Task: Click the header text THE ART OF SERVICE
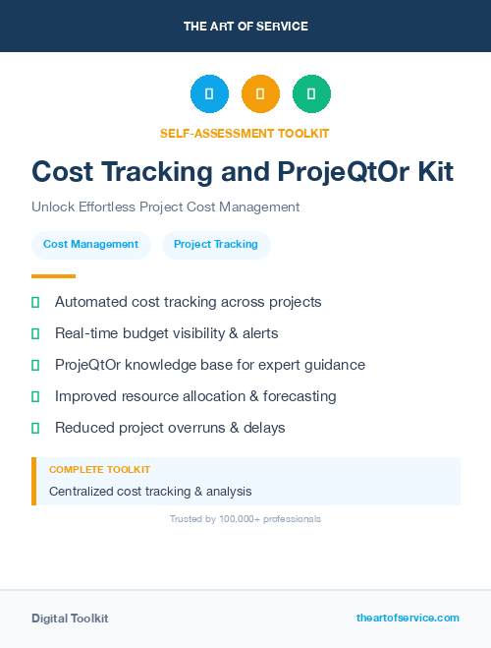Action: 245,26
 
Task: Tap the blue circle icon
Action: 209,94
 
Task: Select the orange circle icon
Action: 260,94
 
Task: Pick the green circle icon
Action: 311,94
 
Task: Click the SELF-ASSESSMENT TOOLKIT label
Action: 245,133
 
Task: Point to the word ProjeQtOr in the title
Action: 338,172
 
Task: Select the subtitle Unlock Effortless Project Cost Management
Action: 165,207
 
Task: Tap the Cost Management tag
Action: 91,244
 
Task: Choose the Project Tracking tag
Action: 216,244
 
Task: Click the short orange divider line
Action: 53,276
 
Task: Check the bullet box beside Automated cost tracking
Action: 35,302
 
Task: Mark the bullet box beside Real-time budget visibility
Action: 35,333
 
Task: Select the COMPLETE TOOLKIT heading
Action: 99,470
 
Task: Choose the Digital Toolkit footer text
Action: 70,619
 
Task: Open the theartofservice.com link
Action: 408,618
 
